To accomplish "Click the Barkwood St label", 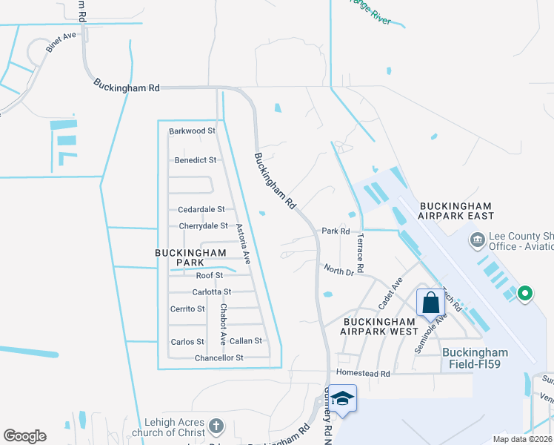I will click(x=192, y=131).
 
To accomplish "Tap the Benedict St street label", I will click(x=196, y=159).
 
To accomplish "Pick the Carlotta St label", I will click(x=212, y=292).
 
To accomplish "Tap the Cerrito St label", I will click(x=187, y=309).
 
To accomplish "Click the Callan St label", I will click(x=246, y=341).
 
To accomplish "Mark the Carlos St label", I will click(x=187, y=342).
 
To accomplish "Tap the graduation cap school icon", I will click(x=342, y=400).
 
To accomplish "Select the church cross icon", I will click(x=216, y=426).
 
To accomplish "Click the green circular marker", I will click(x=525, y=294).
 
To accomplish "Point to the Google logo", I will click(x=24, y=436).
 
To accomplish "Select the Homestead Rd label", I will click(x=363, y=374).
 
